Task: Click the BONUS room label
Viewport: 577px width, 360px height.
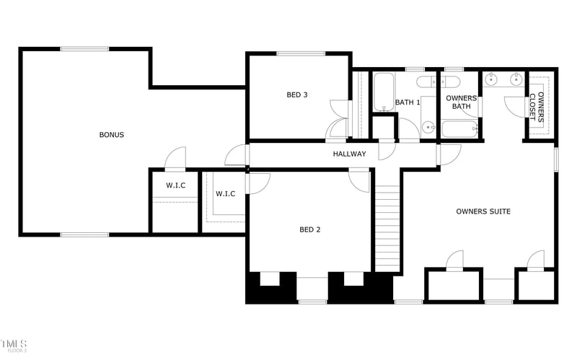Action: [x=112, y=135]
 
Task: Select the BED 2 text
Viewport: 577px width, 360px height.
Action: [x=309, y=230]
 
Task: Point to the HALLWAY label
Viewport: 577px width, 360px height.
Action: [x=349, y=154]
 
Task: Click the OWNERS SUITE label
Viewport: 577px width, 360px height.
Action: [x=483, y=211]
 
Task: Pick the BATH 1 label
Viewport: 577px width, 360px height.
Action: [x=408, y=102]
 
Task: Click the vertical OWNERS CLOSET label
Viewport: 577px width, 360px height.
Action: [x=537, y=106]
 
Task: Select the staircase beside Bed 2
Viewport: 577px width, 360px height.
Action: [x=387, y=227]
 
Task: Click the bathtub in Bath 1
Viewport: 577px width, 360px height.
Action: [x=383, y=92]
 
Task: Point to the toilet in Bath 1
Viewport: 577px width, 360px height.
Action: [x=426, y=81]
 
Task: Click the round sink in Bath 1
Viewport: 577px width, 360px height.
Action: [x=428, y=128]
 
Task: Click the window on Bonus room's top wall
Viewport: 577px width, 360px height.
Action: [x=84, y=49]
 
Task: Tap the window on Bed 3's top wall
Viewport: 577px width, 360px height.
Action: [x=299, y=53]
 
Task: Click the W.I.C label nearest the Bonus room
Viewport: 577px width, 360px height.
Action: [x=175, y=186]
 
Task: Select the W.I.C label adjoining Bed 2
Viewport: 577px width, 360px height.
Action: [x=225, y=193]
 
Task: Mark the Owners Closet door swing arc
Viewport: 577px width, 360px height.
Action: [x=514, y=105]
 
